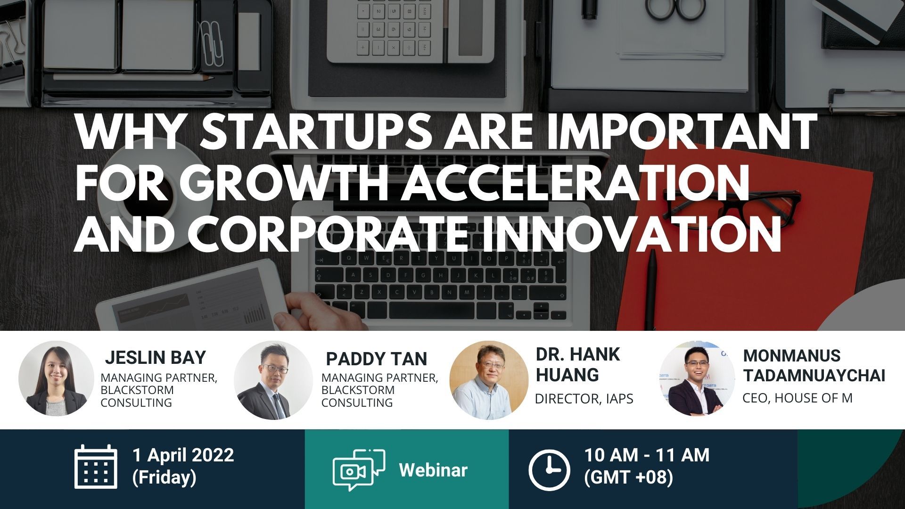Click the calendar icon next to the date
96,466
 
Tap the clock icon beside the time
549,470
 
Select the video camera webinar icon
359,470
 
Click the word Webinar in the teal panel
433,470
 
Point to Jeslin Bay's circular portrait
57,378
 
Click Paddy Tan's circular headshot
273,380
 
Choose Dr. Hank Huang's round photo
489,380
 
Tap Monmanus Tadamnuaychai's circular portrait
697,378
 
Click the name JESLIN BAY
156,358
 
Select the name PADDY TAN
376,359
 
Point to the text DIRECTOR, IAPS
584,399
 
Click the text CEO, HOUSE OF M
798,398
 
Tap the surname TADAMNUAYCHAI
814,375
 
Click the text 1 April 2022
183,455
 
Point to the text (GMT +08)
628,477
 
